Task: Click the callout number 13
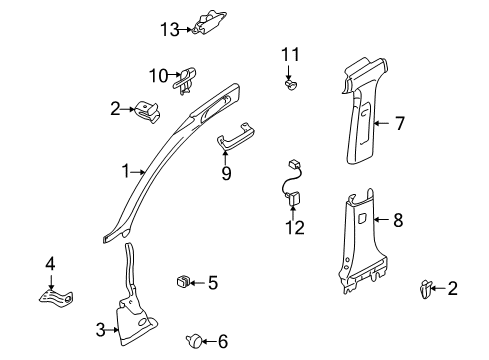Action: pyautogui.click(x=170, y=29)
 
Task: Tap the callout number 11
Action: pyautogui.click(x=290, y=54)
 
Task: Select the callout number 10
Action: pyautogui.click(x=158, y=76)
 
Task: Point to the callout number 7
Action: pyautogui.click(x=400, y=123)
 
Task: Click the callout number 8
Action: pyautogui.click(x=398, y=220)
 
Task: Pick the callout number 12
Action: pyautogui.click(x=295, y=228)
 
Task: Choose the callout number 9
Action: pyautogui.click(x=226, y=173)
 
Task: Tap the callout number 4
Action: pyautogui.click(x=50, y=264)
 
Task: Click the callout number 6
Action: pyautogui.click(x=223, y=341)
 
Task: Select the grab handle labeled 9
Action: pyautogui.click(x=236, y=136)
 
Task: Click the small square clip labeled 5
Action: pyautogui.click(x=183, y=281)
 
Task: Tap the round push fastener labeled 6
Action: pyautogui.click(x=194, y=340)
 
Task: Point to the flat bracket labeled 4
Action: pyautogui.click(x=56, y=297)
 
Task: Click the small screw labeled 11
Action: pyautogui.click(x=291, y=85)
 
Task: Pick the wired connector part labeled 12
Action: pyautogui.click(x=292, y=183)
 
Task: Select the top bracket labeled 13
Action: pyautogui.click(x=209, y=23)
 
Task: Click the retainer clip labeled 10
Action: pyautogui.click(x=184, y=81)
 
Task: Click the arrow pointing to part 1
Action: pyautogui.click(x=137, y=172)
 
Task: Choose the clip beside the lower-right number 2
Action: pyautogui.click(x=426, y=289)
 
